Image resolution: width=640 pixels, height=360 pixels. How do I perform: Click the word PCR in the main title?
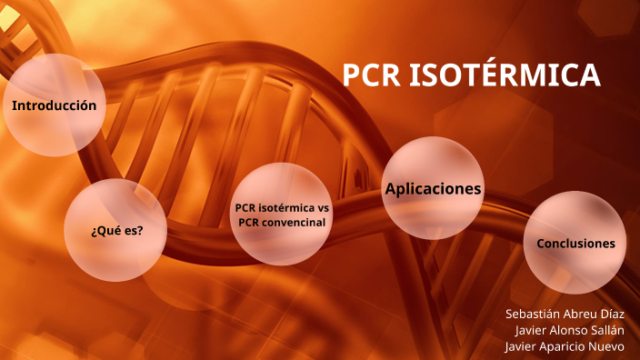371,77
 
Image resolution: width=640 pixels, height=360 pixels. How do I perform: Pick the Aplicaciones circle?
433,188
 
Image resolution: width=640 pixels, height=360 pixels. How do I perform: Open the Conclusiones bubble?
575,243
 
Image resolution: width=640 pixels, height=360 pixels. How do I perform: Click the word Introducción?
54,105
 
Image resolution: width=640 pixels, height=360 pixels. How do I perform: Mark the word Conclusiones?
575,243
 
